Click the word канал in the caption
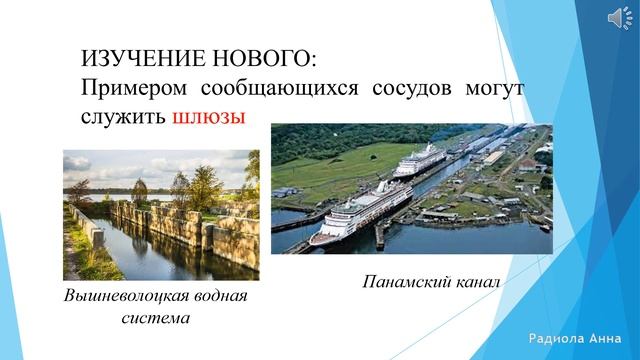click(473, 284)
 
